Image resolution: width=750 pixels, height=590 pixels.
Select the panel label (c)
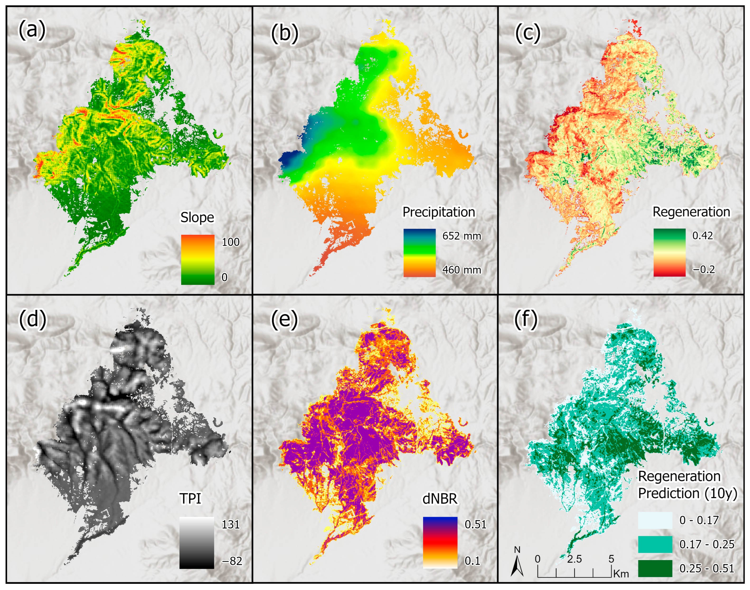tap(528, 33)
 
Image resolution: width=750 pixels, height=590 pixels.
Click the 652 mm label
tap(462, 236)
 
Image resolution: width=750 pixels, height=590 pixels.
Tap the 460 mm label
tap(462, 270)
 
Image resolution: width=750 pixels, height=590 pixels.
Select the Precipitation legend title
tap(439, 212)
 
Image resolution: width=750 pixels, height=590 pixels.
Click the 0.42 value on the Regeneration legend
tap(702, 236)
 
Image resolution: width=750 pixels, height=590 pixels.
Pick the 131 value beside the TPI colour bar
tap(231, 525)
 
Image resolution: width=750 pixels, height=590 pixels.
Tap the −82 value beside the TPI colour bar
tap(231, 561)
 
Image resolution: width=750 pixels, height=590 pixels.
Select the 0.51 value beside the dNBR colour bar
tap(475, 524)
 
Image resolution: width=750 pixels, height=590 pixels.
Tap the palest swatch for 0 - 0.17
tap(655, 520)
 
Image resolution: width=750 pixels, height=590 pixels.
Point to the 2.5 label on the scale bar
tap(574, 559)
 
